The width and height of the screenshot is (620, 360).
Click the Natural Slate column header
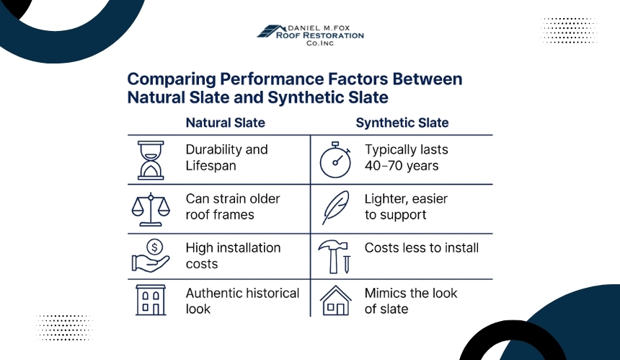(x=226, y=123)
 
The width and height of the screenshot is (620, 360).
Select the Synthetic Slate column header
(x=402, y=123)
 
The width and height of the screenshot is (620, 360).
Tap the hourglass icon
(x=151, y=160)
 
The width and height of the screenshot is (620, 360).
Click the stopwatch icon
(x=335, y=159)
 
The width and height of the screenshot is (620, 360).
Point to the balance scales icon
(x=151, y=209)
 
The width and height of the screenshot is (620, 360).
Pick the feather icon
(x=336, y=208)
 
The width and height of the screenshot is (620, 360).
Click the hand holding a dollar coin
(x=151, y=256)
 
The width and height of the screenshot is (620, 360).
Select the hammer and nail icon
(x=335, y=257)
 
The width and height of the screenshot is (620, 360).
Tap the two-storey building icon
(x=151, y=300)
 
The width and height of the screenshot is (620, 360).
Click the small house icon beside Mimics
(x=336, y=300)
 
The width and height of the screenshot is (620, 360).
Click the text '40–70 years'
(x=402, y=166)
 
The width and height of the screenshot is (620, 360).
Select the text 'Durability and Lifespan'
(x=226, y=157)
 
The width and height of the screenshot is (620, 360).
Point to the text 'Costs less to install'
(x=422, y=247)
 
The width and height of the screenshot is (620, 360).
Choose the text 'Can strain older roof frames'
(x=233, y=206)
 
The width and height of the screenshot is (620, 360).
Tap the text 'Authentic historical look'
(x=242, y=301)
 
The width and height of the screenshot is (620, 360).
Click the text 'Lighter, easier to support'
(x=406, y=206)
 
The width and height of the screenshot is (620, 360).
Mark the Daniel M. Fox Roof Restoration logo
(x=311, y=35)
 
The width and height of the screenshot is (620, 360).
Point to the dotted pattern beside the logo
(x=569, y=30)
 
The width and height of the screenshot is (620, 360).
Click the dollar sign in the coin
(x=154, y=247)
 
